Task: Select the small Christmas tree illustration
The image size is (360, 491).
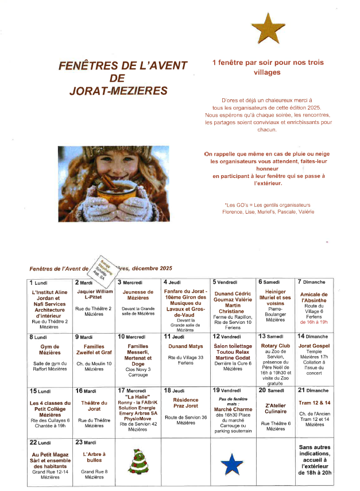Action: coord(137,461)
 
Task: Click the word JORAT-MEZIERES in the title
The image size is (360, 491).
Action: coord(118,91)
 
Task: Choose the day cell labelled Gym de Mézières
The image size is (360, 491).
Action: coord(49,350)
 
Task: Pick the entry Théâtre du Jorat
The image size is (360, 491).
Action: coord(94,406)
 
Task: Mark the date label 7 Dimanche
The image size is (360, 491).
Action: coord(312,282)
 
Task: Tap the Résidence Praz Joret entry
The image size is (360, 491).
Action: coord(185,403)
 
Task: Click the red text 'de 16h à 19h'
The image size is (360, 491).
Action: coord(313,322)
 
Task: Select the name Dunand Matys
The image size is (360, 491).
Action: coord(185,346)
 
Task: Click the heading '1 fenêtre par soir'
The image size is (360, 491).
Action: coord(268,63)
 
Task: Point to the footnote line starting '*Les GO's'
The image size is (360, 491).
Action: coord(268,205)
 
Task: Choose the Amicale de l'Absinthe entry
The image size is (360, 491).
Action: coord(313,297)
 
